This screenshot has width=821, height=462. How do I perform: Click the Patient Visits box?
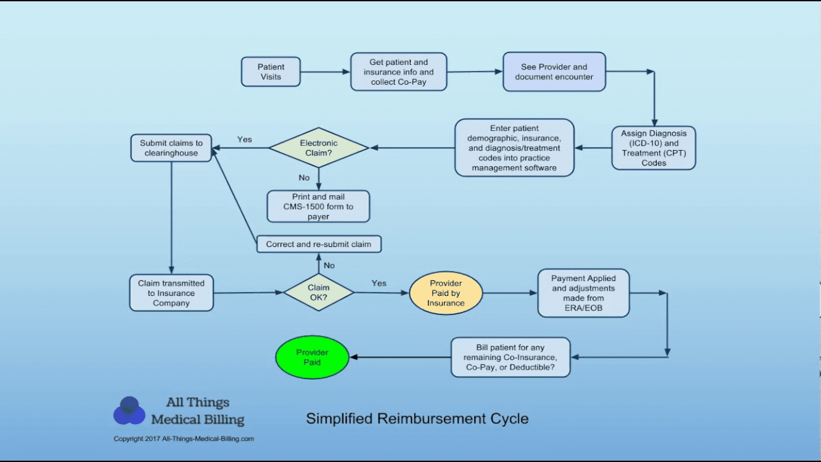click(x=271, y=71)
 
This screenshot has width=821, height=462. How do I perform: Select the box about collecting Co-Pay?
click(x=398, y=72)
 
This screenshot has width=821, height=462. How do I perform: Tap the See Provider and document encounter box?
click(x=554, y=71)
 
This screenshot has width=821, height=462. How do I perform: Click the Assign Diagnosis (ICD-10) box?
click(x=653, y=148)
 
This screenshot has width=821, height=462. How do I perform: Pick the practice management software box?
click(x=514, y=148)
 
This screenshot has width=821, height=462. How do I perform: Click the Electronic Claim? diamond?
click(x=318, y=148)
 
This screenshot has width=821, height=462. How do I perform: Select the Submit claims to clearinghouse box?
click(x=171, y=148)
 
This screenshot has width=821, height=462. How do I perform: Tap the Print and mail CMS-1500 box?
click(x=318, y=207)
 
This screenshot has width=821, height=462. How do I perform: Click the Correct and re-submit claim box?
click(x=318, y=244)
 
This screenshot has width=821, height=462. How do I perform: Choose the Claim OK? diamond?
click(x=318, y=293)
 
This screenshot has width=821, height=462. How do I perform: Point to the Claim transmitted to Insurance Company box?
click(x=171, y=293)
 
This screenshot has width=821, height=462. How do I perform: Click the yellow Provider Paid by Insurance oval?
click(x=446, y=293)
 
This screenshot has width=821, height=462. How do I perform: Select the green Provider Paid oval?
click(x=312, y=357)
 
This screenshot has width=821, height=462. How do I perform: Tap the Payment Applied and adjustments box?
click(x=583, y=293)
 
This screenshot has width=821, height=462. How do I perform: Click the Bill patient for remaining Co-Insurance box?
click(x=511, y=357)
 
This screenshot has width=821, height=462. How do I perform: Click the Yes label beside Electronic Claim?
click(x=244, y=139)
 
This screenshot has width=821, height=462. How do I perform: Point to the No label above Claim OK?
click(x=329, y=265)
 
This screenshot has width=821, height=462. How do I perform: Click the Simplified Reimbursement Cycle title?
click(x=417, y=419)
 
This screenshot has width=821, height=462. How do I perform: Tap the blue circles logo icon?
click(x=130, y=411)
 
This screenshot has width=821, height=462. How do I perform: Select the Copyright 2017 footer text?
click(x=183, y=439)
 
